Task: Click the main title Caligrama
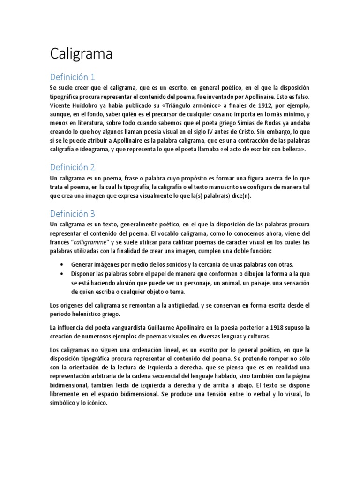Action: point(81,54)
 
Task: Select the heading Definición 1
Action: point(72,77)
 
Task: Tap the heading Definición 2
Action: point(73,167)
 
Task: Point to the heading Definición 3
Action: point(73,214)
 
